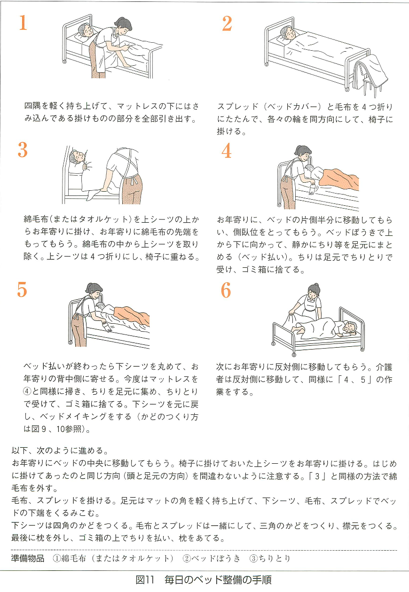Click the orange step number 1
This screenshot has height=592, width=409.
point(23,23)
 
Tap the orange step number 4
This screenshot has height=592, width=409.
point(227,150)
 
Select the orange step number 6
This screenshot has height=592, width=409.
point(226,291)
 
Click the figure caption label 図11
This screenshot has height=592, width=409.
point(145,580)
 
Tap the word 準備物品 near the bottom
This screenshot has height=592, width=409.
point(28,559)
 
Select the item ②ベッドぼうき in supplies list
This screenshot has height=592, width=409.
point(211,559)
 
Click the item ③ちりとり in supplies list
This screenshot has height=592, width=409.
point(270,559)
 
